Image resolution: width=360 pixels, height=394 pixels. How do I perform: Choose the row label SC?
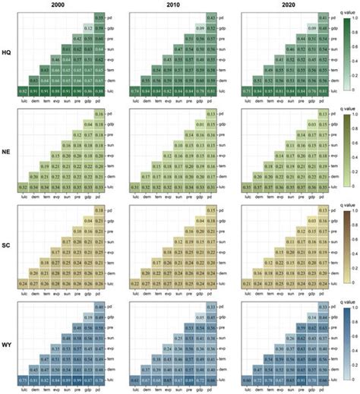coord(7,244)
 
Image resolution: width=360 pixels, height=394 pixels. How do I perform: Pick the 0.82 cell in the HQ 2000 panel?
coord(22,90)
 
